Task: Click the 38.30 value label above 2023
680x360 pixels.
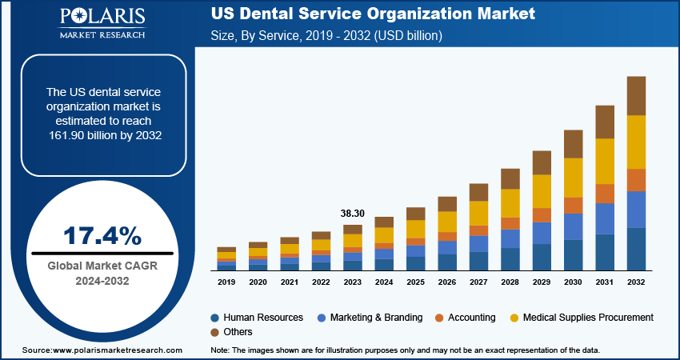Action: click(x=352, y=214)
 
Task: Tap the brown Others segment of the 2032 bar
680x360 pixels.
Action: click(x=636, y=96)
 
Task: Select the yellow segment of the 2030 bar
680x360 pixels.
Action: click(x=574, y=177)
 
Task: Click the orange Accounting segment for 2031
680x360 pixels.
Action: click(x=605, y=194)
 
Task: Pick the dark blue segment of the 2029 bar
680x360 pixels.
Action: click(x=542, y=257)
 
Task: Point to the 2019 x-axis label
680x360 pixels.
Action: click(x=226, y=282)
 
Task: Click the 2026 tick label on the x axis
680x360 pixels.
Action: click(x=447, y=282)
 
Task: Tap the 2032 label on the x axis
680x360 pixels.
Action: click(x=636, y=282)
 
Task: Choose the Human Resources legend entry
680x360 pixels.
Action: click(x=256, y=318)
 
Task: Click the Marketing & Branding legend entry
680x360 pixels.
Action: click(x=373, y=318)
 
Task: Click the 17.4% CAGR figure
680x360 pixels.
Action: click(x=102, y=236)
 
